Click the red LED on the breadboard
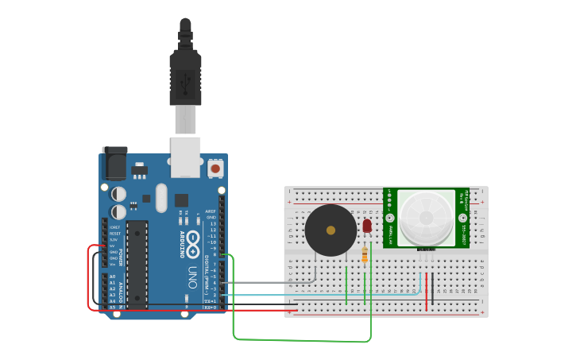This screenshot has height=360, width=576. click(367, 226)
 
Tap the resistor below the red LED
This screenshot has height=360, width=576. click(365, 254)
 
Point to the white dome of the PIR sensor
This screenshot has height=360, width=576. click(426, 217)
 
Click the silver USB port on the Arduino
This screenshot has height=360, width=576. click(186, 156)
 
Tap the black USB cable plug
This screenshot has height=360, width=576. click(185, 79)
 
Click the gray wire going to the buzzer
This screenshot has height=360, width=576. click(270, 282)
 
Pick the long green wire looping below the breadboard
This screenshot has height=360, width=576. click(302, 340)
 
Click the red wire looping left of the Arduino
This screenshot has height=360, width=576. click(88, 278)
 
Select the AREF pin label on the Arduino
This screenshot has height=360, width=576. click(210, 211)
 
